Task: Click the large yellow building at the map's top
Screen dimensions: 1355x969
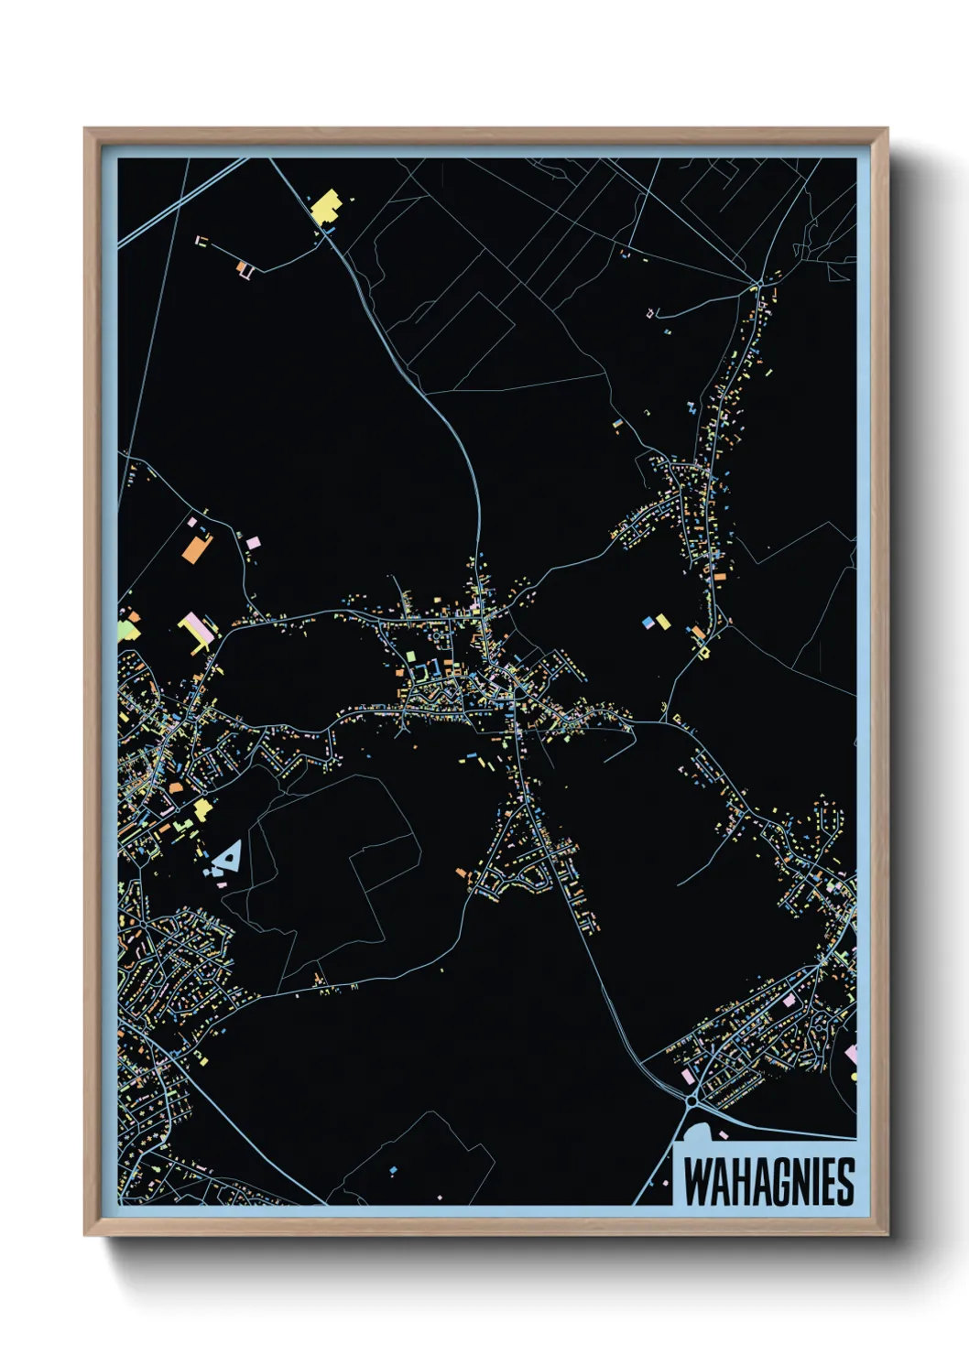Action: [326, 207]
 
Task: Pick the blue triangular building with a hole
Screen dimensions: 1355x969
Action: [229, 855]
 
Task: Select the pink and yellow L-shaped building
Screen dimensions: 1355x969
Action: [196, 632]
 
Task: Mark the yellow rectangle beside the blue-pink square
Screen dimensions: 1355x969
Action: [663, 623]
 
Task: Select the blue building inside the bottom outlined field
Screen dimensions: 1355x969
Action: [393, 1170]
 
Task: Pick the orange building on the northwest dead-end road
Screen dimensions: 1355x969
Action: [243, 268]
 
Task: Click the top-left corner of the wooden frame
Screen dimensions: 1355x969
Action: [85, 129]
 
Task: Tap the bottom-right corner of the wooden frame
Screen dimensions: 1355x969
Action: [887, 1235]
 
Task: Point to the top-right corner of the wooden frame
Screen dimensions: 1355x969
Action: [887, 129]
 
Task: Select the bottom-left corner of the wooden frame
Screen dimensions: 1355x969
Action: [85, 1235]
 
